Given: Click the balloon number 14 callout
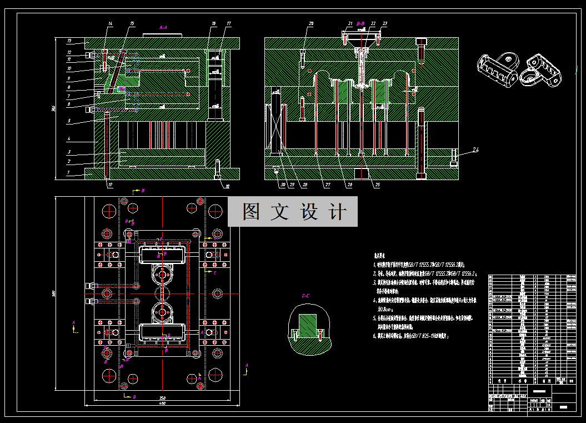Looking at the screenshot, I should (110, 23).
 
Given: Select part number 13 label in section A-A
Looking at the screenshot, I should (69, 41).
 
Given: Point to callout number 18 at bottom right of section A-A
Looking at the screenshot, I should (227, 186).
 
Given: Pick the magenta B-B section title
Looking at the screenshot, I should (360, 23).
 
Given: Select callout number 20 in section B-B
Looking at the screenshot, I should (311, 23).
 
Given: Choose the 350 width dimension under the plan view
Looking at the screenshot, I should (163, 398).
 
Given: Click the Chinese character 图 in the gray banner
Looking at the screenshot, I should (252, 212).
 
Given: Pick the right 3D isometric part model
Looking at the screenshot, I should (542, 70).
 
